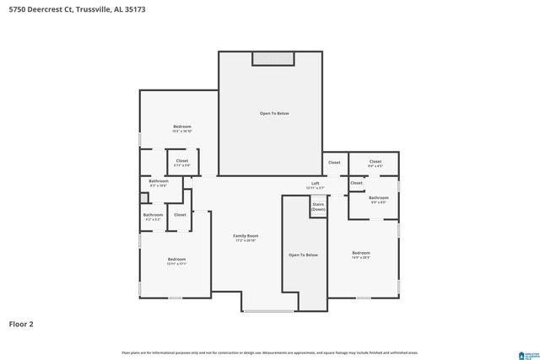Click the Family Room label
(x=246, y=238)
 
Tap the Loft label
(x=315, y=185)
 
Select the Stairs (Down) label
(x=318, y=207)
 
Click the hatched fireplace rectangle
(x=273, y=58)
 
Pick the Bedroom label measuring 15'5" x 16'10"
(x=182, y=128)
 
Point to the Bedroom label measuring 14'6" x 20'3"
(x=361, y=255)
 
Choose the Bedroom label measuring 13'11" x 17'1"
(x=176, y=261)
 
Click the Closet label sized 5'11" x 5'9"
(x=182, y=162)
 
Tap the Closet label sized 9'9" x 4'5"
(x=375, y=163)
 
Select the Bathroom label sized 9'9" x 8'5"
(x=378, y=199)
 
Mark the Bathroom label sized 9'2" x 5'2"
(x=153, y=216)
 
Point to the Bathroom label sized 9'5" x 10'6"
(x=159, y=183)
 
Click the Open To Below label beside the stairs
(x=303, y=255)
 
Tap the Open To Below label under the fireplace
(x=273, y=113)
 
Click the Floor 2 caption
(x=21, y=323)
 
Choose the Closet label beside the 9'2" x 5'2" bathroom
(x=180, y=215)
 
